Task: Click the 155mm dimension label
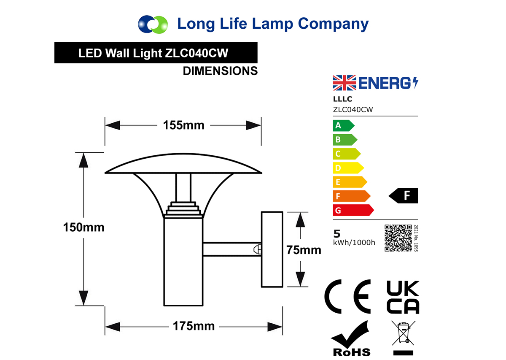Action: click(184, 125)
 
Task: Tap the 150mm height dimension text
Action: click(83, 227)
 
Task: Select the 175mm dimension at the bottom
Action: click(194, 326)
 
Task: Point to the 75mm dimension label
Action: click(304, 250)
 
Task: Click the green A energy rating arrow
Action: click(344, 126)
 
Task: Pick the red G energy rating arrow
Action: click(353, 210)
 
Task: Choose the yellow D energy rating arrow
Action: click(348, 168)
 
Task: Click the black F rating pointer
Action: click(403, 196)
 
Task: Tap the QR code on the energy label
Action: click(398, 238)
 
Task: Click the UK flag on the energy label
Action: click(345, 83)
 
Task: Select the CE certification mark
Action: click(347, 297)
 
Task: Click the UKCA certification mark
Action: click(403, 297)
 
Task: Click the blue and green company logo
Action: click(153, 24)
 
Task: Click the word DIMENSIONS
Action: click(220, 71)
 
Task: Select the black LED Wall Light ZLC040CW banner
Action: click(156, 53)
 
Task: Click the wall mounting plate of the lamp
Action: click(272, 249)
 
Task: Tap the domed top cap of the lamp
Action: click(183, 163)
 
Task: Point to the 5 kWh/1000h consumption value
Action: click(354, 238)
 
